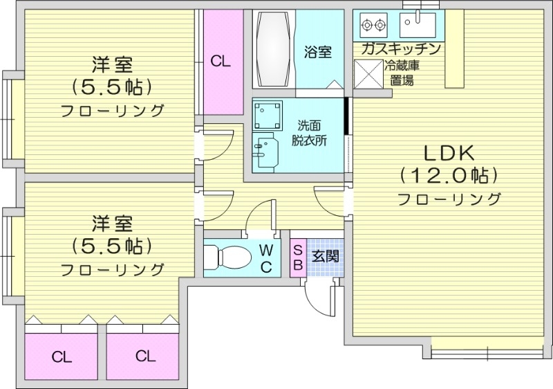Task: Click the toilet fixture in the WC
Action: (x=229, y=257)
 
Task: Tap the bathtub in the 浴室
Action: (x=275, y=48)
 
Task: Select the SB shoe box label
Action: (x=298, y=256)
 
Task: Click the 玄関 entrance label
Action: (x=324, y=255)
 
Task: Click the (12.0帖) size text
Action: (x=449, y=174)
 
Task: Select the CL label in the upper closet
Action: (x=221, y=61)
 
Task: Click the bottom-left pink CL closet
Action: (x=62, y=357)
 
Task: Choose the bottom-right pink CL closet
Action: (x=144, y=356)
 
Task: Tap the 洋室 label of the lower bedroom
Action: (x=112, y=223)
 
